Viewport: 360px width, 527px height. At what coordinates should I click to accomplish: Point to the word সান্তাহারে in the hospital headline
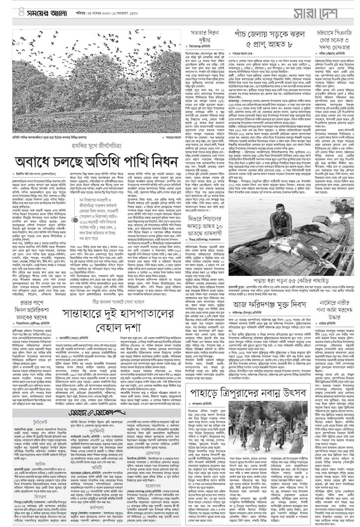(x=87, y=298)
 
